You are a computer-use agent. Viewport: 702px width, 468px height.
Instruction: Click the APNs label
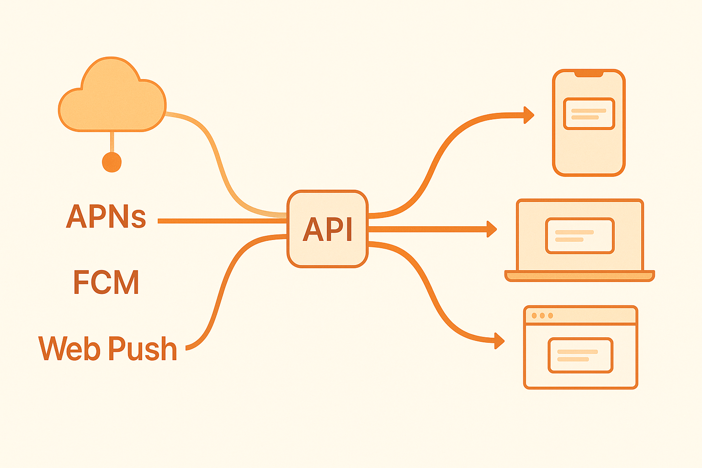[106, 216]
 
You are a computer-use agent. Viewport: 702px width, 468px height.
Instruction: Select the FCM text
[106, 282]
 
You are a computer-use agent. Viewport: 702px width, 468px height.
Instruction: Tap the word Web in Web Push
[69, 348]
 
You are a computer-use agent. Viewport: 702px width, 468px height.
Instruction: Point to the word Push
[143, 348]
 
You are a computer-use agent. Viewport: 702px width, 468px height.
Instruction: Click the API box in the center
[327, 229]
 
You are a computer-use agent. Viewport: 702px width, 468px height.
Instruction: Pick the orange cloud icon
[112, 98]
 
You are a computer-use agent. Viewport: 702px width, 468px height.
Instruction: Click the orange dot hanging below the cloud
[112, 162]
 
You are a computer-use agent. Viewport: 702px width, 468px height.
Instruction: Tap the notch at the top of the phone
[589, 74]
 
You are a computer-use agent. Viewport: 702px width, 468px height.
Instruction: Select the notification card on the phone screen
[589, 114]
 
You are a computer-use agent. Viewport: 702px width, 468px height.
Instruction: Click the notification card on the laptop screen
[580, 235]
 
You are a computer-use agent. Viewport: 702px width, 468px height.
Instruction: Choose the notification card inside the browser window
[580, 355]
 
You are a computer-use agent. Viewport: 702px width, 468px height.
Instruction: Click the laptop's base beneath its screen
[580, 276]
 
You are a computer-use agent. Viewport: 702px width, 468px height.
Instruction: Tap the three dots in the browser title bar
[542, 315]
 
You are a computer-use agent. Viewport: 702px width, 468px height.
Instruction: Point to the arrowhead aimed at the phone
[529, 115]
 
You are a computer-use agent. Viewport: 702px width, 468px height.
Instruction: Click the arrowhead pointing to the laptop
[492, 229]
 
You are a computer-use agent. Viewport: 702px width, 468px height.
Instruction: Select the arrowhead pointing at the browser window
[500, 340]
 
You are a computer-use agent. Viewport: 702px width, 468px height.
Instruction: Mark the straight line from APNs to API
[219, 221]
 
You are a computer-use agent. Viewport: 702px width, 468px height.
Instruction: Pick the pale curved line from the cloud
[215, 151]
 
